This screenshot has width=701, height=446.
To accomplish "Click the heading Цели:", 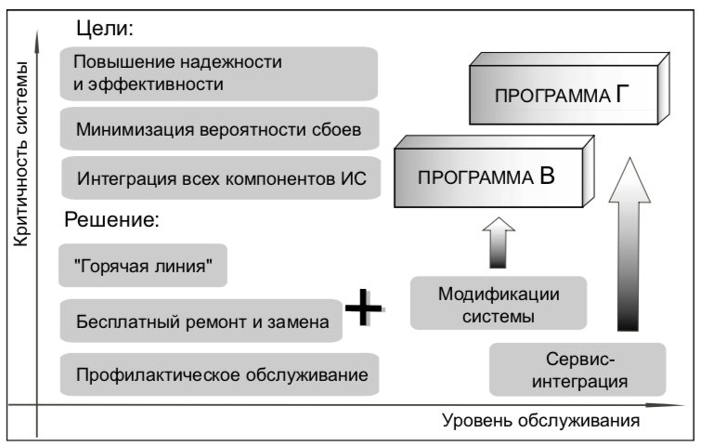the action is (x=105, y=28).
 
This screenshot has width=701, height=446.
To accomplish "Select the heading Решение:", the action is (x=111, y=219).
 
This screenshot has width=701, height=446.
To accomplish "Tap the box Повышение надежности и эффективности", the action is (x=219, y=73).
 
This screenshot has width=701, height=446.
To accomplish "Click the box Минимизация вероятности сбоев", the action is (x=219, y=129).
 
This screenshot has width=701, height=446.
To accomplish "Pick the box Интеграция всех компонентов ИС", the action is (x=221, y=177).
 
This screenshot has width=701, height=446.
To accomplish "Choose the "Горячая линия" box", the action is (x=143, y=265).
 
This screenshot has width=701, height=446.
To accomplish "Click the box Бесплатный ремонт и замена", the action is (x=201, y=321).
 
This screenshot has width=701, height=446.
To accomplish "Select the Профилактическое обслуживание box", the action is (x=219, y=374).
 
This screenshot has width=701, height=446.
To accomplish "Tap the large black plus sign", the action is (x=364, y=308).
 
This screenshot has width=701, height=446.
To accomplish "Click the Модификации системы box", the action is (x=499, y=303).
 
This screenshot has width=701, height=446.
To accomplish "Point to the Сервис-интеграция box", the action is (x=578, y=370).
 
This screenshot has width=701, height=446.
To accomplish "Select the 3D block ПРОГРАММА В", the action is (x=494, y=172).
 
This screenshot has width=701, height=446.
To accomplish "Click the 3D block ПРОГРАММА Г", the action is (x=569, y=88).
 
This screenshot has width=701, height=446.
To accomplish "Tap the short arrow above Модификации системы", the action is (x=499, y=243).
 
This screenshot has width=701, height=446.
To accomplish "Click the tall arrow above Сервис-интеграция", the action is (x=629, y=244).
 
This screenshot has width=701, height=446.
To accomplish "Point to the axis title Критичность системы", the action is (x=20, y=154).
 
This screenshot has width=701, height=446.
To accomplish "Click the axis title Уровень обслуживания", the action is (x=540, y=421).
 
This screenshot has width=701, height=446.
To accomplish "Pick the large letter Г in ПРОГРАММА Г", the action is (x=622, y=94).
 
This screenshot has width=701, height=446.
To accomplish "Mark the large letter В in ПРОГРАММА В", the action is (x=547, y=176).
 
